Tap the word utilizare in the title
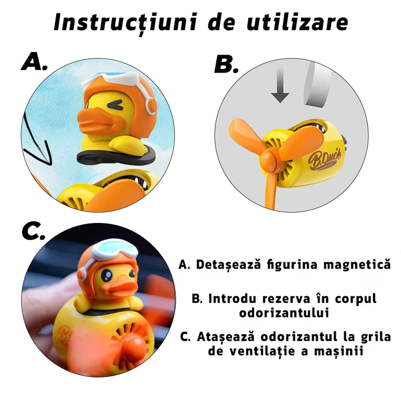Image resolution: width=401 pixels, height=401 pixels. point(297,22)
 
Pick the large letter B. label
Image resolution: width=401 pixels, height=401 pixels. point(227,64)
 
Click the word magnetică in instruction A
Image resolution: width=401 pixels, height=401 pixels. point(357,264)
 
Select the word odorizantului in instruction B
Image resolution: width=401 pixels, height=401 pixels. point(284,312)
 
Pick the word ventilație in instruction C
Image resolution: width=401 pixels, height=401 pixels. point(262,351)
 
